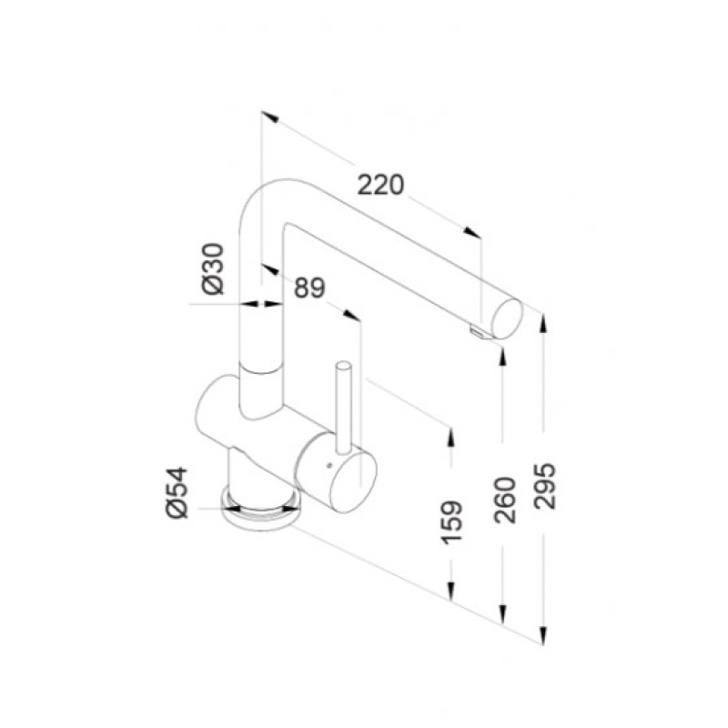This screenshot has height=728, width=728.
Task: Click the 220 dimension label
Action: [x=379, y=185]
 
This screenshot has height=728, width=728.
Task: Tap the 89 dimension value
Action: [x=309, y=288]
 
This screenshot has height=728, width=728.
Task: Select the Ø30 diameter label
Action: [x=211, y=268]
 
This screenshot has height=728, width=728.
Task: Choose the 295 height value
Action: [x=544, y=486]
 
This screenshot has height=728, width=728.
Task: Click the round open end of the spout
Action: [x=507, y=318]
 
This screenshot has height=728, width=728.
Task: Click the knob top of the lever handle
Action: [x=343, y=365]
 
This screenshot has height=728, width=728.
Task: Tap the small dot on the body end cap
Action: [x=322, y=466]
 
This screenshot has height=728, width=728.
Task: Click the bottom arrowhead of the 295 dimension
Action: [x=543, y=637]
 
